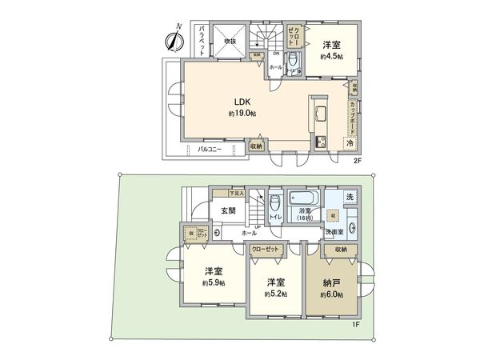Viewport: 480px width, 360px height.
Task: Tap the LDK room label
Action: [242, 102]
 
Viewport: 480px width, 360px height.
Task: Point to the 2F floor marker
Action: [358, 160]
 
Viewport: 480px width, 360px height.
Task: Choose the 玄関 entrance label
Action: [228, 211]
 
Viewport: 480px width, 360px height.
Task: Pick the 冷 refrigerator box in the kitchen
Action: [349, 142]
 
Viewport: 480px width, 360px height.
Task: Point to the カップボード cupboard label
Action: [352, 116]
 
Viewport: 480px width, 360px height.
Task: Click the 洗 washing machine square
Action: [350, 197]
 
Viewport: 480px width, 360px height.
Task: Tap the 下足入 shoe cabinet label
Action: [237, 193]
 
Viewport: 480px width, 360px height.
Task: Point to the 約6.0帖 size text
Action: [333, 294]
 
